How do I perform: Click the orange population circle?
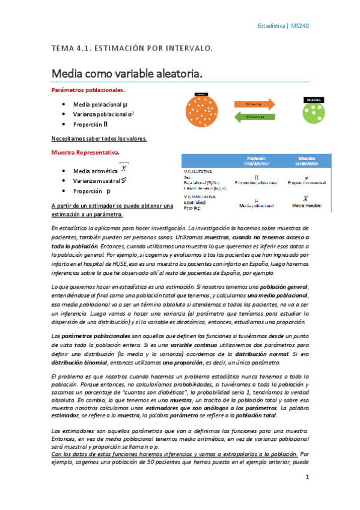[205, 112]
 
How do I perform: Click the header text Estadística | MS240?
[283, 26]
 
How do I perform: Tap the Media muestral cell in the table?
[307, 205]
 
